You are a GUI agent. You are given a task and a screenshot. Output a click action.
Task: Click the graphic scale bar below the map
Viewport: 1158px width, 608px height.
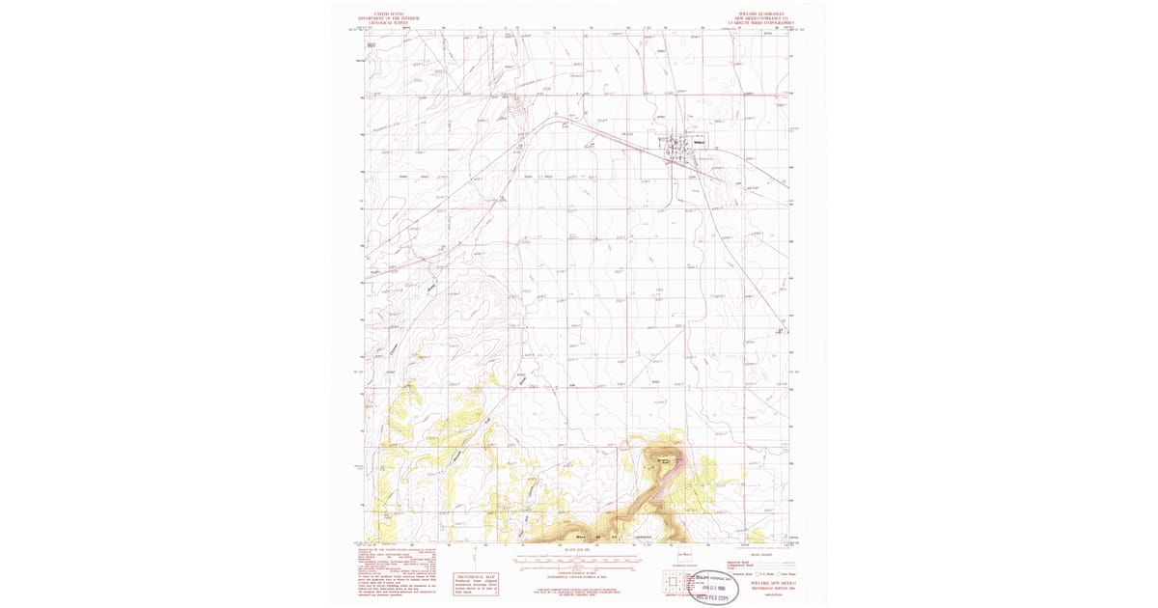point(577,560)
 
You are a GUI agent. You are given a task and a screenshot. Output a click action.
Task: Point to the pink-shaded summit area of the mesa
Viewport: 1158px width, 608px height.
point(666,460)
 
